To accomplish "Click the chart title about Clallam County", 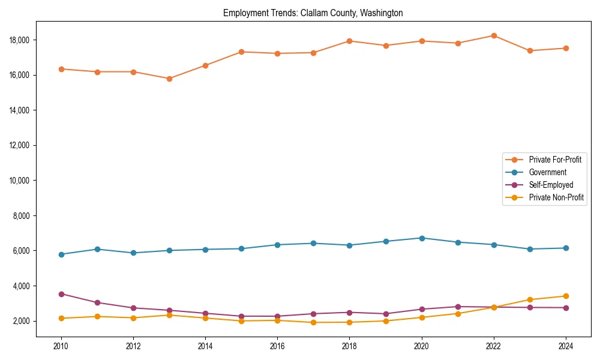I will [313, 13].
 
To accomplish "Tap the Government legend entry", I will [547, 172].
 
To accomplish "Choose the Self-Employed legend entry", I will [551, 185].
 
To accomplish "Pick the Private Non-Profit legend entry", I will [556, 197].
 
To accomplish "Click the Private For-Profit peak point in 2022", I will [494, 35].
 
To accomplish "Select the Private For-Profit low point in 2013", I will [169, 79].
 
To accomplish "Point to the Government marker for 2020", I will [422, 238].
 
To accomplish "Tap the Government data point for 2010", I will [61, 254].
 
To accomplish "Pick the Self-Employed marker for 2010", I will [61, 294].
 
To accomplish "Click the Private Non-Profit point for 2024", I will [566, 296].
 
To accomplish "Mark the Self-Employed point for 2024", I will [566, 308].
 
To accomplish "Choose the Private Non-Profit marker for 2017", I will [314, 323].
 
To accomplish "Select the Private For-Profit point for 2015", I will [241, 52].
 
